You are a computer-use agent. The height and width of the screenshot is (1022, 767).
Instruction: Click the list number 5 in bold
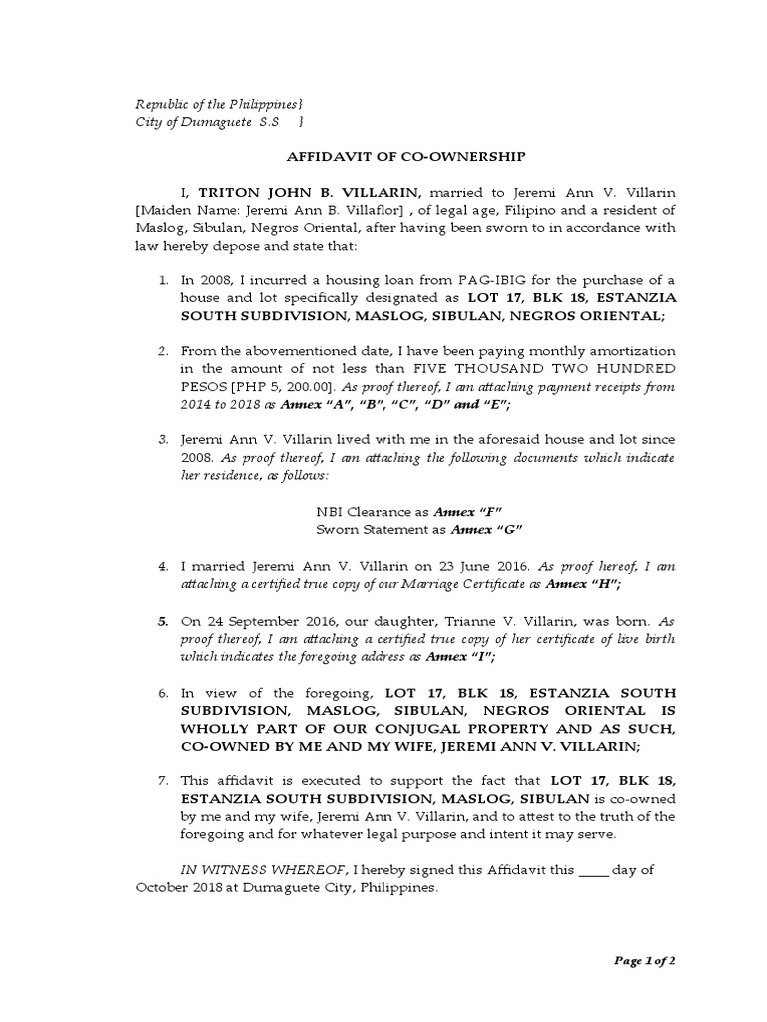pos(162,620)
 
